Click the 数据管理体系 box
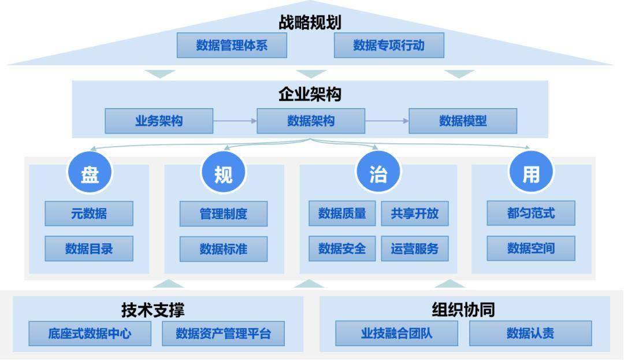point(232,45)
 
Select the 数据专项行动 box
point(389,45)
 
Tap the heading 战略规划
point(310,23)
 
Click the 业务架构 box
point(159,121)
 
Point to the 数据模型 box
point(463,121)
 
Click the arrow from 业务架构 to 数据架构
point(235,121)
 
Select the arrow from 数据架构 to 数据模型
point(387,121)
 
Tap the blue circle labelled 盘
point(90,173)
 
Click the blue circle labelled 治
point(378,173)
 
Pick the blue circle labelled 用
point(531,173)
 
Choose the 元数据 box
point(89,214)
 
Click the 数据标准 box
point(223,249)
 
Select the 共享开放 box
point(415,214)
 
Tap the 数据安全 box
point(342,248)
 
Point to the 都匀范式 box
point(531,213)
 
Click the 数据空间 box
point(531,248)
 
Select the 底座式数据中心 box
point(90,333)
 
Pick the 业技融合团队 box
point(396,333)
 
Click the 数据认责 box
point(530,333)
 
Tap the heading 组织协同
point(463,310)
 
